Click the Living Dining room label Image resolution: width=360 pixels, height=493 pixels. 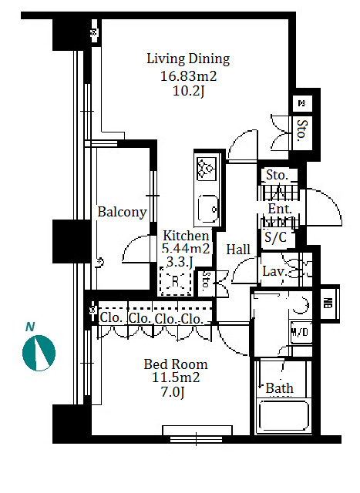pos(188,59)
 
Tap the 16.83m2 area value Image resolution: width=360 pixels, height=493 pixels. pos(189,76)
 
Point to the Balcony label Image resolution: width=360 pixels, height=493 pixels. pos(122,213)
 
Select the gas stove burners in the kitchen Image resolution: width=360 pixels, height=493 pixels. pos(207,168)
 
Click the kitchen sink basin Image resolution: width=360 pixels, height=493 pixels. pos(208,209)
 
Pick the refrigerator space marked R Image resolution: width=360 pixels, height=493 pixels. pos(176,280)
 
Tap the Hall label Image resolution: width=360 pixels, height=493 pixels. pos(238,250)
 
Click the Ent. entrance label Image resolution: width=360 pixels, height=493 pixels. pos(280,209)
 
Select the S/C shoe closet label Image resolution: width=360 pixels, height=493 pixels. pos(276,238)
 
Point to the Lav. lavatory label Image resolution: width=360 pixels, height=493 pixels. pos(274,271)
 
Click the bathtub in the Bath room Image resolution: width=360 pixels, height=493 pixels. pos(284,416)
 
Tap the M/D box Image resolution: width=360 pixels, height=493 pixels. pos(301,332)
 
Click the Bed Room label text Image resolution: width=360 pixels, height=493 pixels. pos(176,364)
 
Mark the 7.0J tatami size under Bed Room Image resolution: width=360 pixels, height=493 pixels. pos(173,392)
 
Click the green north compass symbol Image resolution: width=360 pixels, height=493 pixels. pos(39,353)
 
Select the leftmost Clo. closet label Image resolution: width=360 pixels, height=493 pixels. pos(111,318)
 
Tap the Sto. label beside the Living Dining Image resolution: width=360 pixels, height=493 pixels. pos(302,130)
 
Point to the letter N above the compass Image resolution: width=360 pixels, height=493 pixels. pos(30,327)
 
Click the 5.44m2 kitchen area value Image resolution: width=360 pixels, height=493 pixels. pos(186,248)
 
